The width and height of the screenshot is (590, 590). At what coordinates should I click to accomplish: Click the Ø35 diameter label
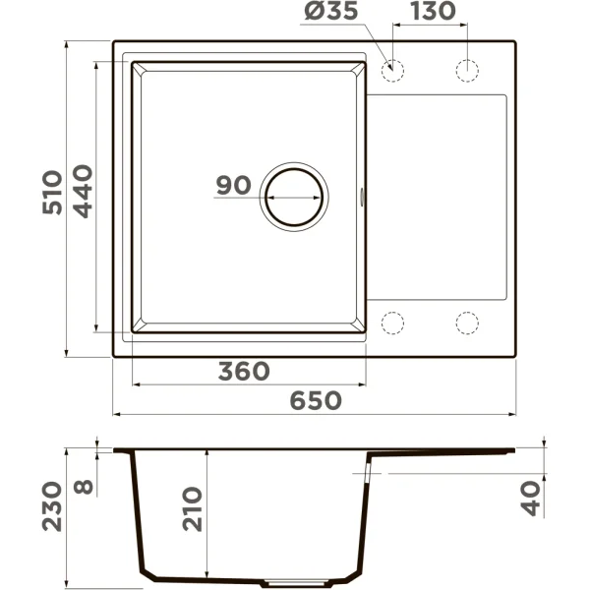click(332, 13)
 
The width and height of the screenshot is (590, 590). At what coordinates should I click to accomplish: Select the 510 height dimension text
click(53, 193)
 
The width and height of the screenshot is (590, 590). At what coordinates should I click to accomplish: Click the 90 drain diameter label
click(234, 186)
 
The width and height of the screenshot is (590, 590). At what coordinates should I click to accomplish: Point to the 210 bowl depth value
click(194, 508)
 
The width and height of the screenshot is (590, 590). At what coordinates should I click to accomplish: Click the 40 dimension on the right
click(532, 501)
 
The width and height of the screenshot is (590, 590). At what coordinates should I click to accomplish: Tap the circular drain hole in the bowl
click(293, 194)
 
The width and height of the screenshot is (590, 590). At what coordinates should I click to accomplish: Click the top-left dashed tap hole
click(392, 70)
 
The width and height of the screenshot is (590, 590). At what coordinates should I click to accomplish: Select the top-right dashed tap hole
click(466, 70)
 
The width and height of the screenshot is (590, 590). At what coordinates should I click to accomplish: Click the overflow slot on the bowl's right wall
click(364, 196)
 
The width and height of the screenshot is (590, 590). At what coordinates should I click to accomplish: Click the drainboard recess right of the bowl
click(438, 196)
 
